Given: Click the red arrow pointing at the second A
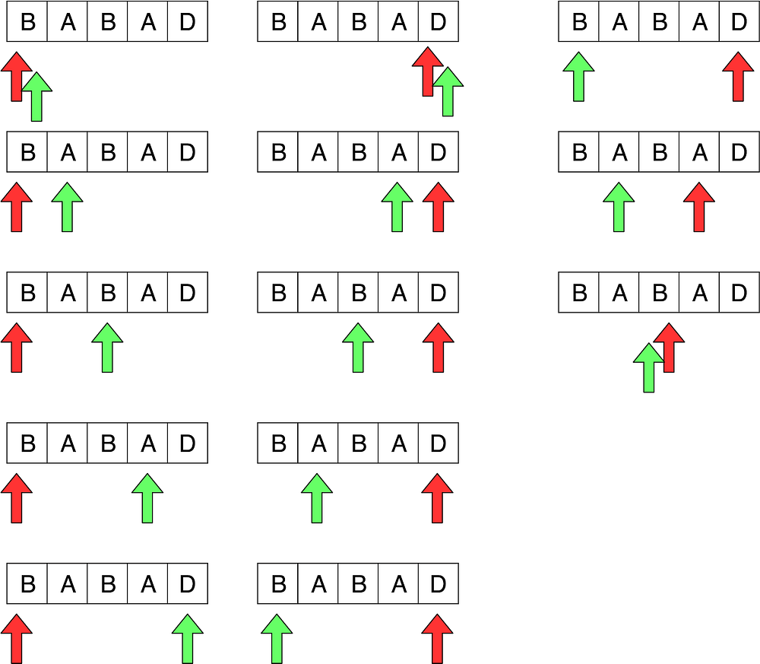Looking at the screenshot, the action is (698, 206).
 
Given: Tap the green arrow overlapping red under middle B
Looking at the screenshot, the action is (648, 369).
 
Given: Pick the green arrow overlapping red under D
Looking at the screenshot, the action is (448, 91).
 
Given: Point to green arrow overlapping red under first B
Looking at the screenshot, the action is (36, 97).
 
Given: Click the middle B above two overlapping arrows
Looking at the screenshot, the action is (659, 292).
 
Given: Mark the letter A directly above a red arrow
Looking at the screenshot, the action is (699, 152).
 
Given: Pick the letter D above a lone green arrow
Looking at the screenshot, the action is (187, 583).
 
